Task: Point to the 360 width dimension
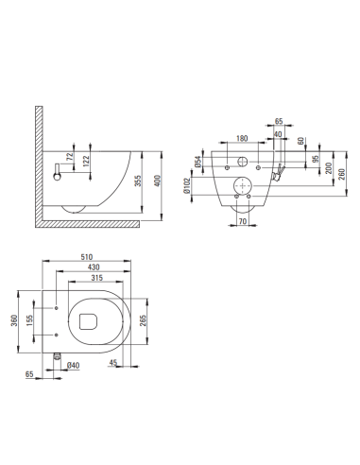click(x=13, y=321)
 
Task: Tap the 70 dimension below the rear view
click(x=242, y=223)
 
